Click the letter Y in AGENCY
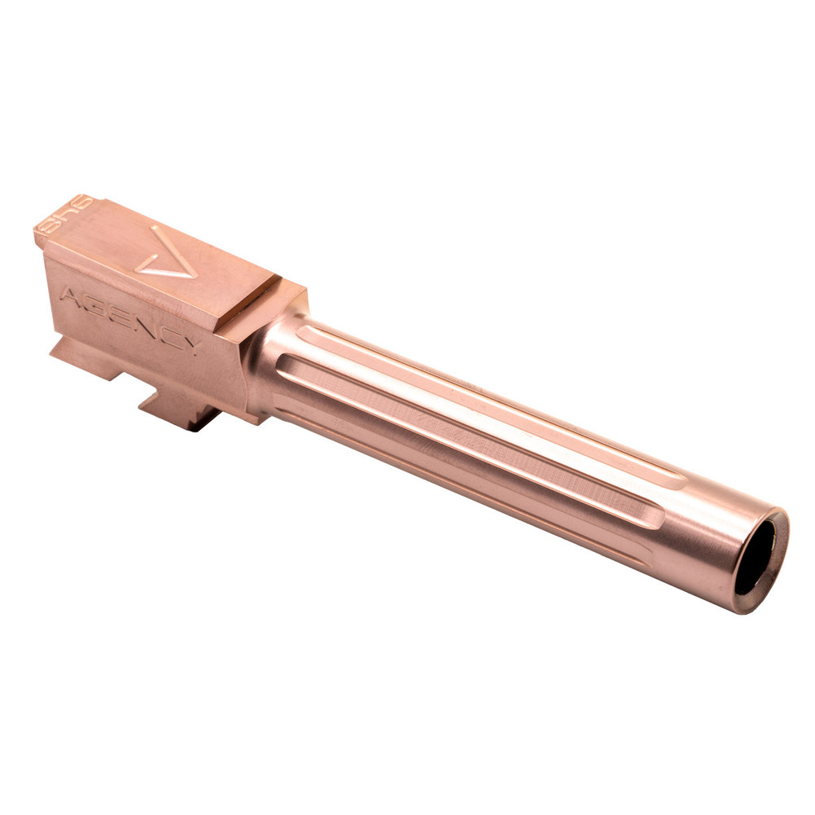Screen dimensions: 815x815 [191, 344]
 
